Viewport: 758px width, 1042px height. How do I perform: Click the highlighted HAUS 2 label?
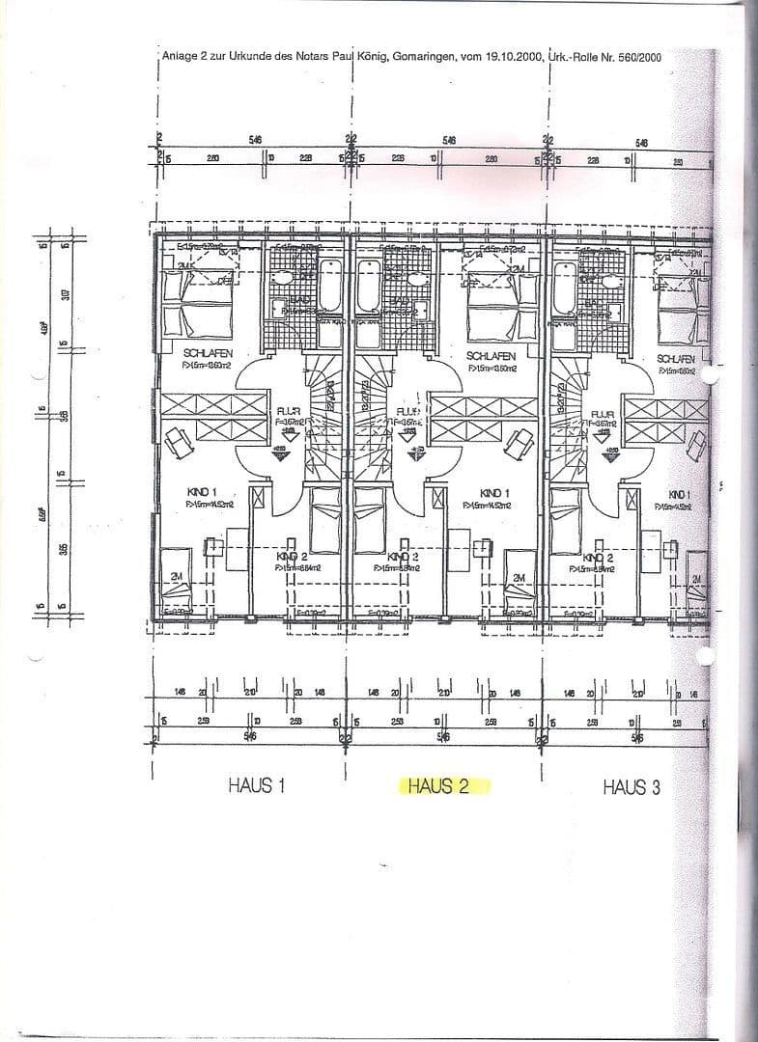coord(444,786)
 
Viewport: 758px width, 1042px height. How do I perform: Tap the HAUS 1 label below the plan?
coord(257,785)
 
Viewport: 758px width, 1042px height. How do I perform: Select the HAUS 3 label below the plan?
coord(632,787)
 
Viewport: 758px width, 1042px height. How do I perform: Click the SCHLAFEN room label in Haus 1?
coord(207,354)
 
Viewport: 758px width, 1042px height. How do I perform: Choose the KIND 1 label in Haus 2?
coord(492,493)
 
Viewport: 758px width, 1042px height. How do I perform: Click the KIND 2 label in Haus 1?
coord(293,558)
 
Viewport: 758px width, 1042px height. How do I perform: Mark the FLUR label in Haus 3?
coord(604,411)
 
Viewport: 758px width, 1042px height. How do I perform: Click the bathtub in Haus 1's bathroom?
coord(328,286)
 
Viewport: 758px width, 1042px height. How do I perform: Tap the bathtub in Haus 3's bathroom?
coord(564,287)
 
